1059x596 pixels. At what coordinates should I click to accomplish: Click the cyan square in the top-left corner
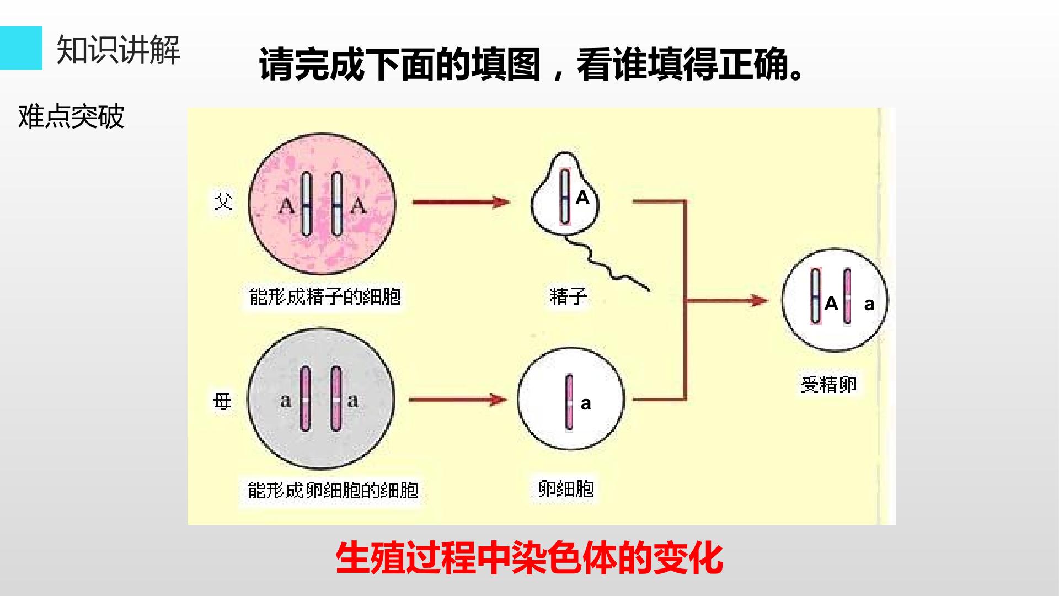pyautogui.click(x=21, y=48)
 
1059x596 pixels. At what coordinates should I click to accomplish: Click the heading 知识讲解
pyautogui.click(x=118, y=50)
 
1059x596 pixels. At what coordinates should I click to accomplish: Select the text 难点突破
pyautogui.click(x=71, y=116)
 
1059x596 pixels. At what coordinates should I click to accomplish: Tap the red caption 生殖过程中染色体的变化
pyautogui.click(x=529, y=558)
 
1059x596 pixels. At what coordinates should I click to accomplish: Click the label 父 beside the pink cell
pyautogui.click(x=223, y=202)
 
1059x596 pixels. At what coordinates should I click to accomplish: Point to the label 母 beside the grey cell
pyautogui.click(x=222, y=401)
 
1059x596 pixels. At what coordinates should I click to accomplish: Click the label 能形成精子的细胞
pyautogui.click(x=324, y=296)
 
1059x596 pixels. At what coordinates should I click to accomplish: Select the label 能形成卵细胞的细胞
pyautogui.click(x=333, y=490)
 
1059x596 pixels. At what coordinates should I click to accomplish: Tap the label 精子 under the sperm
pyautogui.click(x=568, y=296)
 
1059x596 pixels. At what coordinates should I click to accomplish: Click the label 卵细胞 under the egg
pyautogui.click(x=566, y=489)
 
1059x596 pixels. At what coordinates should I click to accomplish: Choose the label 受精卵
pyautogui.click(x=828, y=384)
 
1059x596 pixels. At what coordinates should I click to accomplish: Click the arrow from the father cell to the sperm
pyautogui.click(x=461, y=202)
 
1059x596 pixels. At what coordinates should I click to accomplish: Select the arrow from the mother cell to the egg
pyautogui.click(x=458, y=400)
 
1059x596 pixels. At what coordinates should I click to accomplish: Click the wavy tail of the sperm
pyautogui.click(x=607, y=264)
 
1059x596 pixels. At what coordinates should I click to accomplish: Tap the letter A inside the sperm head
pyautogui.click(x=582, y=198)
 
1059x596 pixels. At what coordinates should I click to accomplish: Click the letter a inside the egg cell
pyautogui.click(x=586, y=404)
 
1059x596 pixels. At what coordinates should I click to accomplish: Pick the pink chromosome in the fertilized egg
pyautogui.click(x=847, y=296)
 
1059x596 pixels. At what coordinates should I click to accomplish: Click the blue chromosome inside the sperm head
pyautogui.click(x=565, y=196)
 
